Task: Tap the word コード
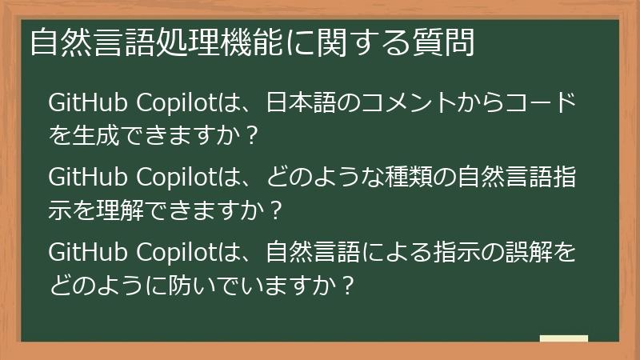543,104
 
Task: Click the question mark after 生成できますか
252,135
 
